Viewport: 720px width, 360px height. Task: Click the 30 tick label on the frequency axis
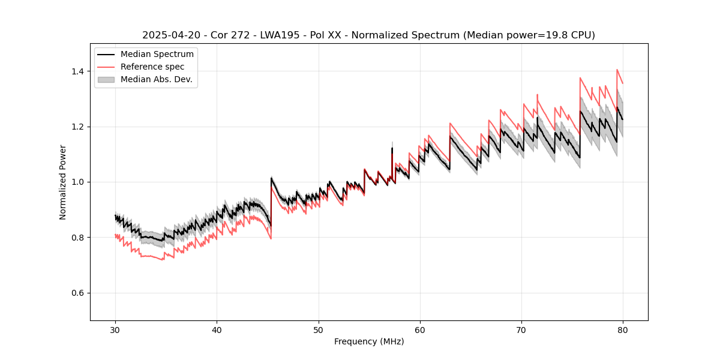click(115, 329)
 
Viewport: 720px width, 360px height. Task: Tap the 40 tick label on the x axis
click(217, 329)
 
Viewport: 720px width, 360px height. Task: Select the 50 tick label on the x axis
click(318, 329)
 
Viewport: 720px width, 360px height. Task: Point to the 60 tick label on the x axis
click(419, 329)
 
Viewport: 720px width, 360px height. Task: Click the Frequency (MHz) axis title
click(369, 341)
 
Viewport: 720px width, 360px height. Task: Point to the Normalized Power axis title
click(63, 182)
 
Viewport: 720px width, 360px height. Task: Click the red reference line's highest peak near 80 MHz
click(617, 70)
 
